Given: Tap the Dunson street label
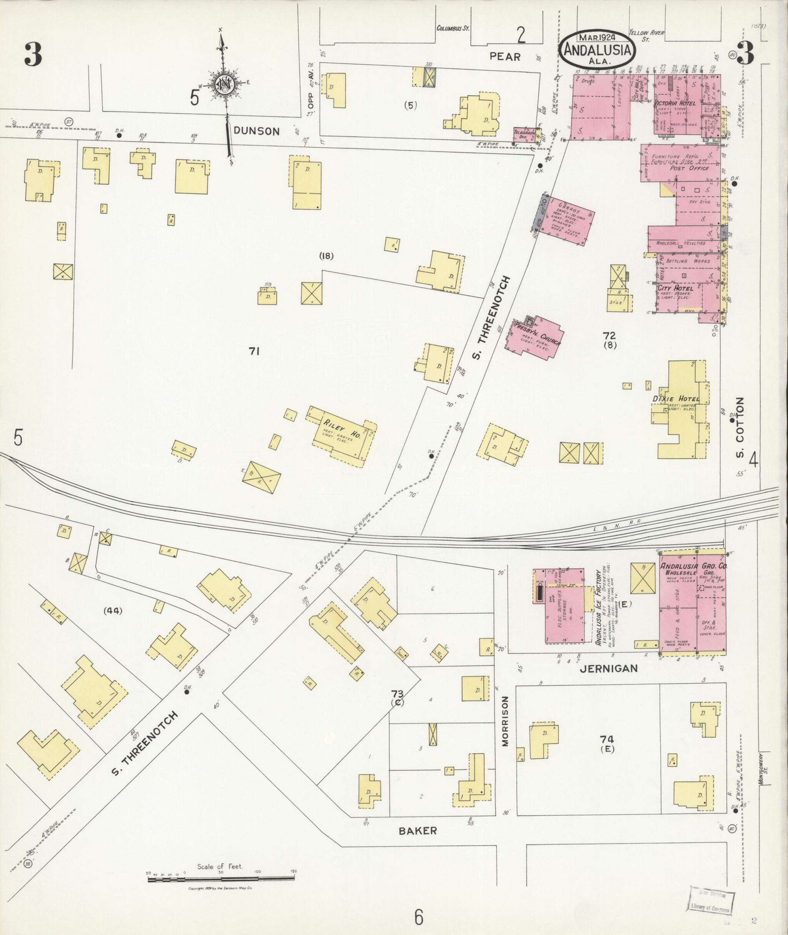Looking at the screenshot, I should [257, 131].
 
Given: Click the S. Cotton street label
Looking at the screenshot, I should [740, 427].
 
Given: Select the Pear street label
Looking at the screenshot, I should [505, 57].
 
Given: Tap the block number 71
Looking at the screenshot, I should [255, 352].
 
